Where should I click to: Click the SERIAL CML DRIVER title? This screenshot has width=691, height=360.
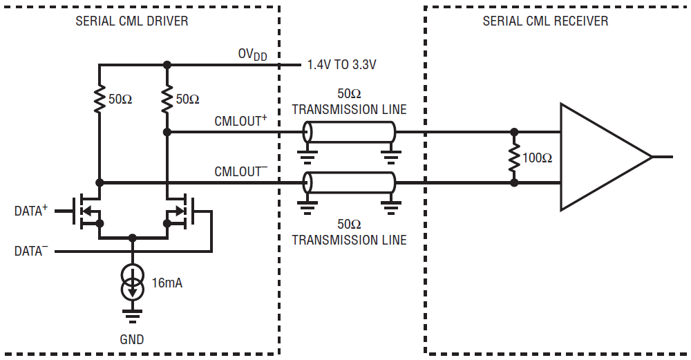[x=132, y=21]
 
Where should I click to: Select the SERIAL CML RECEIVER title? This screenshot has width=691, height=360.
[x=545, y=21]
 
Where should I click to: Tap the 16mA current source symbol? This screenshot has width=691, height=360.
[x=132, y=282]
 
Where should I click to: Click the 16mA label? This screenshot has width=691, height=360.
[x=167, y=283]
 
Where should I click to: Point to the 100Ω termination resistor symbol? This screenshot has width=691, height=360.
[x=514, y=158]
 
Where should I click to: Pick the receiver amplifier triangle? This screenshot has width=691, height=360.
[x=605, y=157]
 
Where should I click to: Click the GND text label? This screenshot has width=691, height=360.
[x=132, y=339]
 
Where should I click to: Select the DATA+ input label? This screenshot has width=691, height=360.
[x=31, y=211]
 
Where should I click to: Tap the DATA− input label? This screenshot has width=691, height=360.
[x=31, y=251]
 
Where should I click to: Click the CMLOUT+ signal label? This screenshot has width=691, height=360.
[x=240, y=121]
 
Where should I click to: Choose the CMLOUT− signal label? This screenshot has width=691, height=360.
[x=240, y=171]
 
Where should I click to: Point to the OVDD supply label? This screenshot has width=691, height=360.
[x=252, y=55]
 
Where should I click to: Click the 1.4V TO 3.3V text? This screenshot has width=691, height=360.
[x=341, y=65]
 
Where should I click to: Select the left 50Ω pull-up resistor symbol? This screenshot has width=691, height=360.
[x=99, y=99]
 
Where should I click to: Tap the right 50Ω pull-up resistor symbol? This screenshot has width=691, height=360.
[x=167, y=99]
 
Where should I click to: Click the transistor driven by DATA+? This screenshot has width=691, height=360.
[x=87, y=211]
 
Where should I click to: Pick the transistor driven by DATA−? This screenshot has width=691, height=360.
[x=180, y=211]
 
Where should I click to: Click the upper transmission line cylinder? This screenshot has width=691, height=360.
[x=349, y=132]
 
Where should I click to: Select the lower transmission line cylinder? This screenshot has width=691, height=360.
[x=349, y=182]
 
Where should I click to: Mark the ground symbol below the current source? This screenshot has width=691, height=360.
[x=132, y=316]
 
